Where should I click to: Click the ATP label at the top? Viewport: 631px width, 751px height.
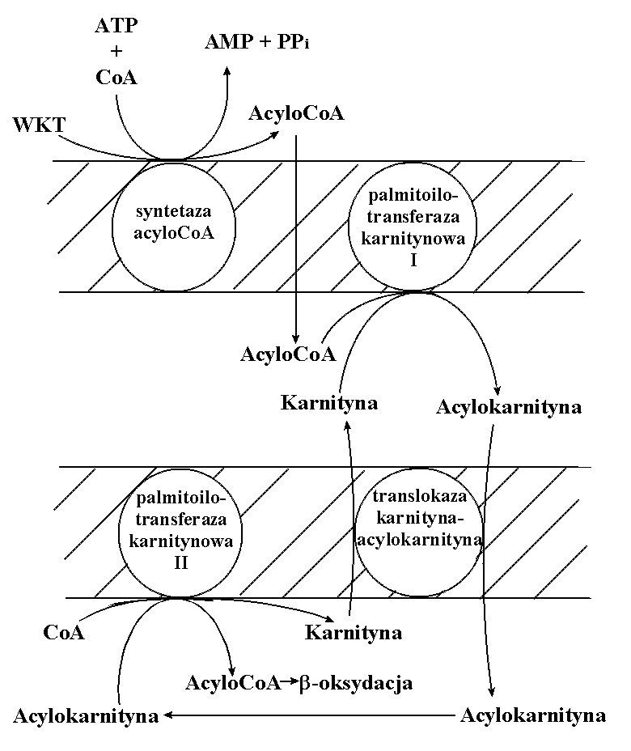[x=116, y=26]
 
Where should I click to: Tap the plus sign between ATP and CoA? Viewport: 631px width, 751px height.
[x=116, y=52]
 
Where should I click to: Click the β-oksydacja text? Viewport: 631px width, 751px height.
[x=356, y=683]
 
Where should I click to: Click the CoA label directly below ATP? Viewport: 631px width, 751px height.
[x=116, y=78]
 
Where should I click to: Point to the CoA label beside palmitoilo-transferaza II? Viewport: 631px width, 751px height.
[x=64, y=632]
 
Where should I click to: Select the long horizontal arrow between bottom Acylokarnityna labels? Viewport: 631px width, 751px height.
[x=307, y=715]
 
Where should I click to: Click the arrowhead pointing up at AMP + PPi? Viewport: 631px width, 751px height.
[x=227, y=72]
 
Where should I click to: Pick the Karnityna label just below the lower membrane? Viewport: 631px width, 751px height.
[x=354, y=632]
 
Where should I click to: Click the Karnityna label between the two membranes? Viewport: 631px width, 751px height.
[x=329, y=402]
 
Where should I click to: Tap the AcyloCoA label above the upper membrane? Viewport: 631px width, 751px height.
[x=297, y=114]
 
